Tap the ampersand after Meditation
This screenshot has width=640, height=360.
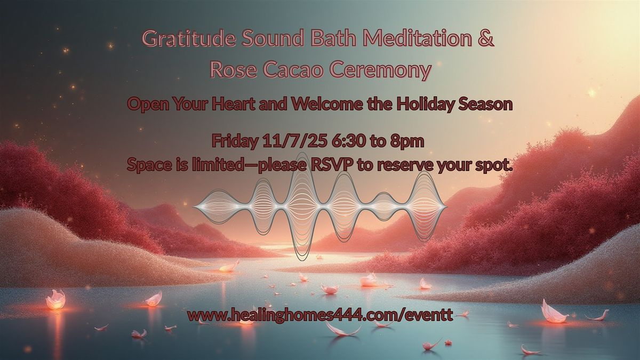tap(486, 40)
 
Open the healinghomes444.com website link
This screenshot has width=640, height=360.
tap(320, 315)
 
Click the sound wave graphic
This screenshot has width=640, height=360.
tap(320, 206)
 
